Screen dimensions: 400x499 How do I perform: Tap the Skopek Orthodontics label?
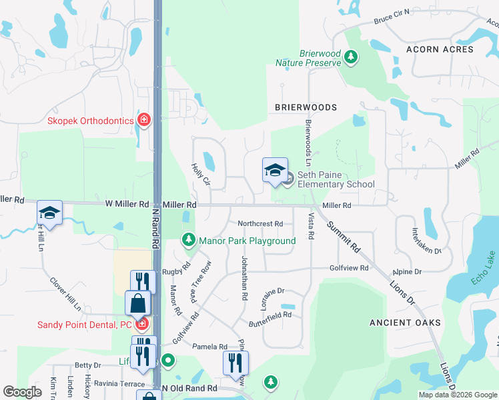coord(91,121)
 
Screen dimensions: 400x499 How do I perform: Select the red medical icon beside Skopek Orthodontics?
coord(143,120)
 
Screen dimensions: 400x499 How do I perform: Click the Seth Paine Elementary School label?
coord(336,179)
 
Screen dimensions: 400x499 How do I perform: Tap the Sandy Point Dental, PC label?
coord(84,325)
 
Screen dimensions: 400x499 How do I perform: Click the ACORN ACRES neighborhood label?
coord(440,49)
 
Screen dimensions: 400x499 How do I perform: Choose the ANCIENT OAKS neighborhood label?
coord(406,323)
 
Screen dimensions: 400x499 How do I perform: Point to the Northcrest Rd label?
coord(260,224)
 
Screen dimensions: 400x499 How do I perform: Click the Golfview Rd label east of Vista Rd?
coord(349,268)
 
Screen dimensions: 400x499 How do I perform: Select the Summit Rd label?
coord(344,236)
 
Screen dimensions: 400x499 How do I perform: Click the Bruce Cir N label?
coord(392,17)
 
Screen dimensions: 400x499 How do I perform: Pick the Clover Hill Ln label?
coord(65,294)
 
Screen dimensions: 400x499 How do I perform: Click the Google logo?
coord(22,392)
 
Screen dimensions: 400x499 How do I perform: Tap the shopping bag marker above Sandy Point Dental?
coord(138,305)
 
